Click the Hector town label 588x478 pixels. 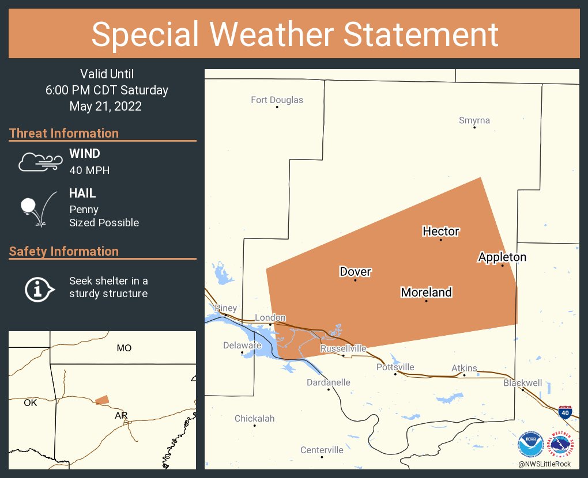(441, 232)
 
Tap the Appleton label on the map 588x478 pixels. (502, 257)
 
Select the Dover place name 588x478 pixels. (355, 272)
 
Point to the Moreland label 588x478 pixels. (426, 293)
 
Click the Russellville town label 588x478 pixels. (343, 348)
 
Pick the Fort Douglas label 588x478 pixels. (277, 100)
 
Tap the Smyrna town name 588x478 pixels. (474, 120)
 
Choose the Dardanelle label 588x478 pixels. (328, 382)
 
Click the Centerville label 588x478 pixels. (322, 450)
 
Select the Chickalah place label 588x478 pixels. (254, 419)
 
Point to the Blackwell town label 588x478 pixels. (522, 383)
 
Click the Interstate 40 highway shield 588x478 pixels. (565, 411)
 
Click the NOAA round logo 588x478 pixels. (530, 445)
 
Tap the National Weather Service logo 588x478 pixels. (562, 445)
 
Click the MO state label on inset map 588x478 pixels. (124, 348)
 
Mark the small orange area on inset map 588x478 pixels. (102, 400)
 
